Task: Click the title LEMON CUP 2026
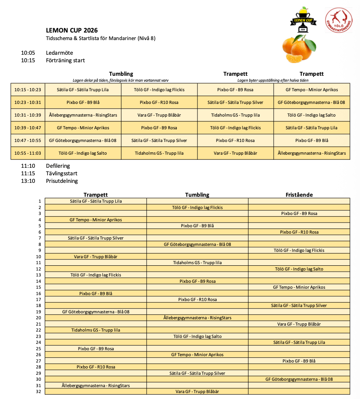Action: (x=72, y=31)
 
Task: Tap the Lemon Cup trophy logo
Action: (x=303, y=20)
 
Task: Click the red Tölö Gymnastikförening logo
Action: (x=338, y=20)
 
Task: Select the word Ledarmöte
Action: (x=59, y=53)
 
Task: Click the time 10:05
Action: (x=28, y=53)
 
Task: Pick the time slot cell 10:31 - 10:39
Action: (x=28, y=115)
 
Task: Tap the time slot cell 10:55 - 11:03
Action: (x=28, y=153)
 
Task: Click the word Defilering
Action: (x=58, y=166)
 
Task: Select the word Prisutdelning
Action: (x=62, y=181)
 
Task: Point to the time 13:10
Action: (x=28, y=181)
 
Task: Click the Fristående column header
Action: (x=299, y=195)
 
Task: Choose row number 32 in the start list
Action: (x=38, y=391)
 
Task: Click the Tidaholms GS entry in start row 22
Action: (x=96, y=330)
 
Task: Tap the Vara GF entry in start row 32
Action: (x=197, y=391)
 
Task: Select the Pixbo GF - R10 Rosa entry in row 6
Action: (x=299, y=232)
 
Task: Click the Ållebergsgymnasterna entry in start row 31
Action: (x=96, y=386)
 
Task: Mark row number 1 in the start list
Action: (x=40, y=201)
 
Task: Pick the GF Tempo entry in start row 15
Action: (x=299, y=287)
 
